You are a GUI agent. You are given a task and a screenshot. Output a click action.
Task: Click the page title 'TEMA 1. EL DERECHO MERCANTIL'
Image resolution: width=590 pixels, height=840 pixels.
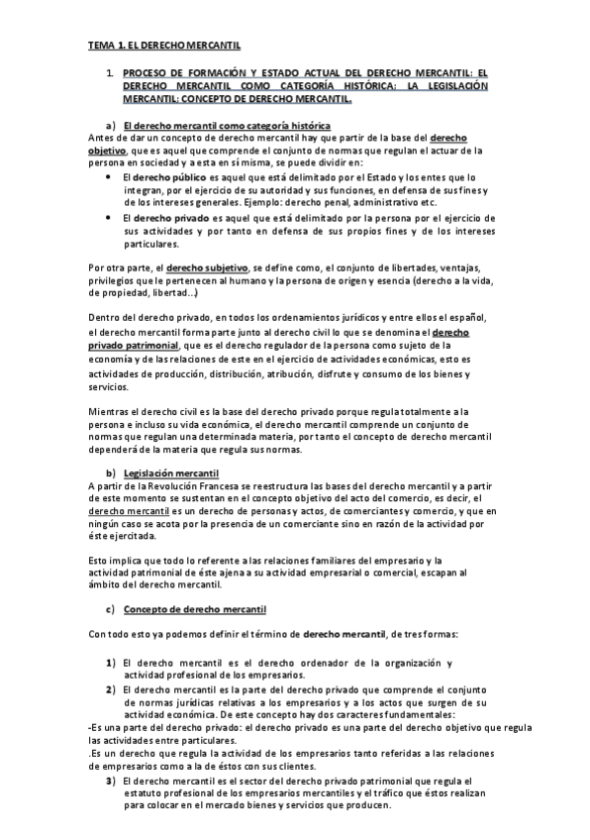tap(164, 46)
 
